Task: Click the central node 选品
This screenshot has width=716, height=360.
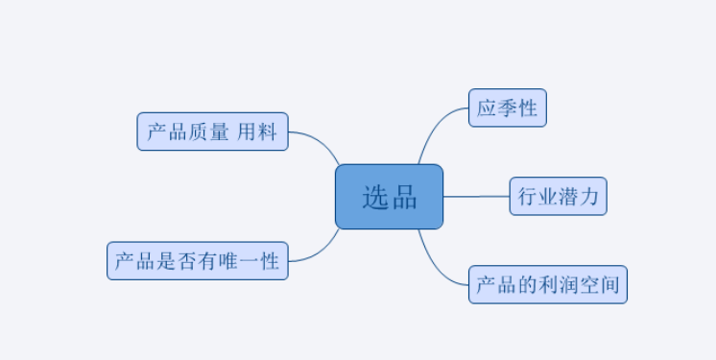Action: point(389,197)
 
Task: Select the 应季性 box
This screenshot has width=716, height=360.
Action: point(507,108)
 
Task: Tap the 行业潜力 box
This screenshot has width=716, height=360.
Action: point(558,196)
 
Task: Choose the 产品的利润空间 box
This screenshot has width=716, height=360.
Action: point(547,284)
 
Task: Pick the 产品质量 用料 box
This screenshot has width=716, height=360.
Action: point(212,132)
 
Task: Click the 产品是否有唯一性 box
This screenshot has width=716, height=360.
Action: point(197,260)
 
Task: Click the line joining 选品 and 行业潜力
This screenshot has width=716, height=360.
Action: point(476,196)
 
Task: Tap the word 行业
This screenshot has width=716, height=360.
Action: point(537,196)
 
